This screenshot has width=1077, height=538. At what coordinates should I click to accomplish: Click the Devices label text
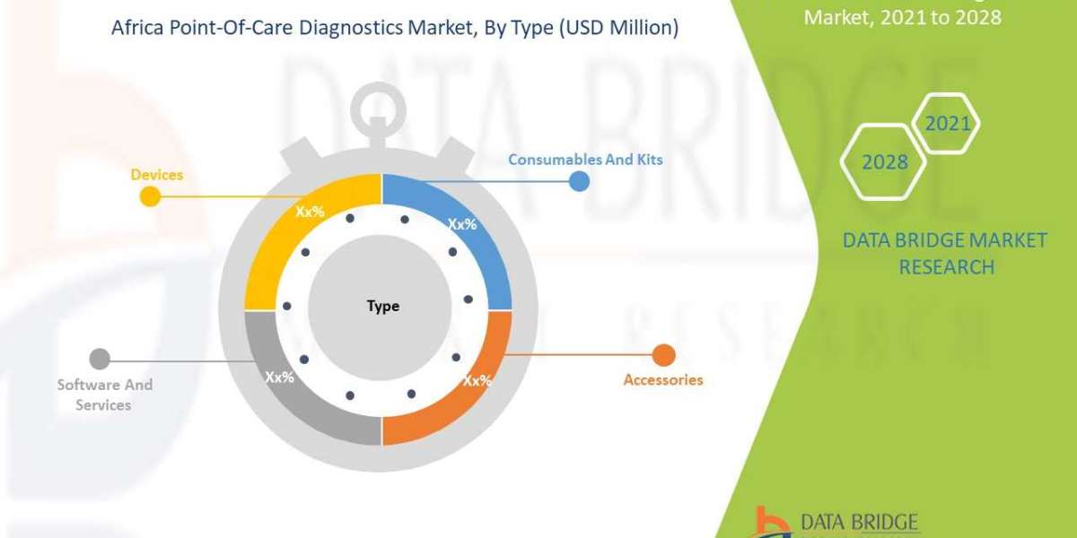(x=156, y=174)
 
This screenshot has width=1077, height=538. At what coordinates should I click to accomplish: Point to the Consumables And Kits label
(x=585, y=160)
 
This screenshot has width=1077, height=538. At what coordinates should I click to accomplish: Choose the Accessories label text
(x=663, y=379)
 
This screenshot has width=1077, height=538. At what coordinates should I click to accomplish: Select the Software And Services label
(x=105, y=395)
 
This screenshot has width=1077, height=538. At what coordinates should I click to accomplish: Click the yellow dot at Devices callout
(x=150, y=197)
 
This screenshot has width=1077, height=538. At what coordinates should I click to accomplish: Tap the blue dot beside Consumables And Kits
(x=579, y=181)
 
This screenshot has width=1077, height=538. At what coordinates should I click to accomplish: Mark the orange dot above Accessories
(x=663, y=356)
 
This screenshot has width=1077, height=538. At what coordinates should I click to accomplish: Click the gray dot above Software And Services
(x=100, y=360)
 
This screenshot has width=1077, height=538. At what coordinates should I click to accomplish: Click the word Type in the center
(x=383, y=307)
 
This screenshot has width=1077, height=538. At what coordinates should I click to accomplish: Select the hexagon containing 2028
(x=883, y=162)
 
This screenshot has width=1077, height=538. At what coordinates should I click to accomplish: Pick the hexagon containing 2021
(x=946, y=123)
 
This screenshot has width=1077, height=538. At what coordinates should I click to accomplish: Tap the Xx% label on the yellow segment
(x=311, y=213)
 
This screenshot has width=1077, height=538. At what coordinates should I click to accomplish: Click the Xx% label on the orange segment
(x=477, y=380)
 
